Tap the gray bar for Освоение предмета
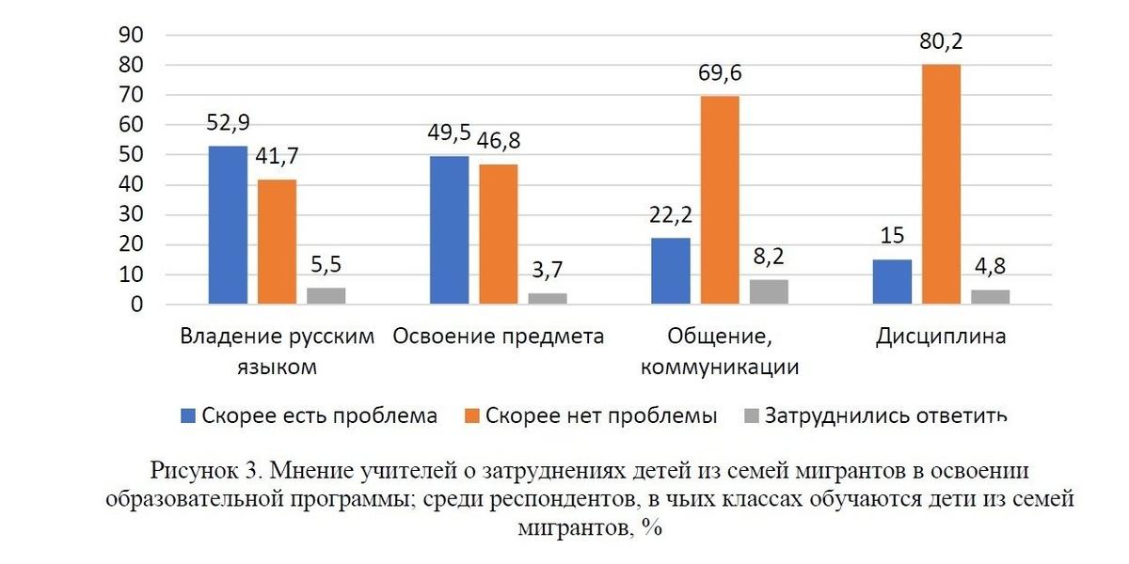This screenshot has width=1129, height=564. (548, 299)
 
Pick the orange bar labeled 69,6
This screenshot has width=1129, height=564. (720, 200)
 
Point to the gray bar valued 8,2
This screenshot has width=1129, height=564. (769, 292)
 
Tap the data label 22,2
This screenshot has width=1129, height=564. (672, 216)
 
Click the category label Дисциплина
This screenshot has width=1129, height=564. (940, 337)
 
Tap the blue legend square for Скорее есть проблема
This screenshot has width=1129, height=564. (188, 415)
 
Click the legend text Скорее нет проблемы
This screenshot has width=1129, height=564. (601, 415)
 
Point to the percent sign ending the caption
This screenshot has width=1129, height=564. (654, 528)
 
